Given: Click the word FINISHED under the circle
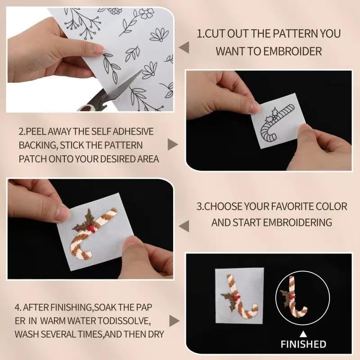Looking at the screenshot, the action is point(303,344).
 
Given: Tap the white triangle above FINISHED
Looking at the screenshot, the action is point(303,334).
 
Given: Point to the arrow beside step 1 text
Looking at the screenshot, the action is point(184,48).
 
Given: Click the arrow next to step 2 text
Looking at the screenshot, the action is point(173,144).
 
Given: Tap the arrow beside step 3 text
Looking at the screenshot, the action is point(184,226).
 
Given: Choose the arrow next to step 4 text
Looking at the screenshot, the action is point(175,321).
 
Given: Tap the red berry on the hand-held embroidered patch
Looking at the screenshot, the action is point(91,229).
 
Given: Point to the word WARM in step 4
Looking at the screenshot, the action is point(51,321).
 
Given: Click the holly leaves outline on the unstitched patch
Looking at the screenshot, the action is point(271,117).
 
